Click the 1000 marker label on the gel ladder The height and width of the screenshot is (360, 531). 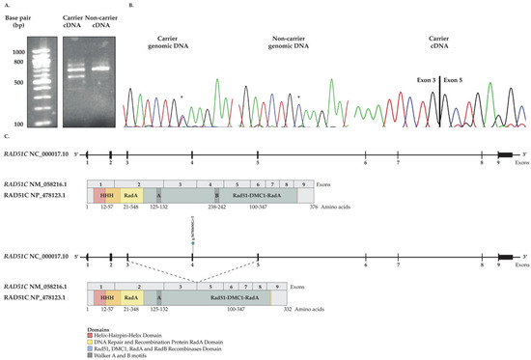click(x=18, y=52)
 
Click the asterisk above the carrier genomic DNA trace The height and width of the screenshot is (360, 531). click(x=181, y=97)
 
